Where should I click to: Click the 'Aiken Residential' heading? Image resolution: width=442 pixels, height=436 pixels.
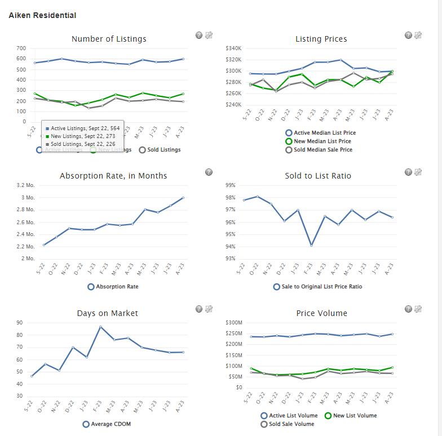pos(42,15)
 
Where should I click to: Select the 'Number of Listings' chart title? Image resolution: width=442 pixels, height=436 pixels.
pos(109,39)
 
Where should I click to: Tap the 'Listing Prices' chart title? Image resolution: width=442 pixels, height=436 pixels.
pos(321,39)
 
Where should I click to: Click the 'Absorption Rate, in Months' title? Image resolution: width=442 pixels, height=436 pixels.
pos(113,176)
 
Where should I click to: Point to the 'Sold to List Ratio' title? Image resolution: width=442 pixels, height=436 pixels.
pos(318,176)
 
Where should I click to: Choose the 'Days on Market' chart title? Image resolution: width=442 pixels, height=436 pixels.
pos(107,313)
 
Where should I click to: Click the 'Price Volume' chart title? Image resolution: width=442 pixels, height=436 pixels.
pos(321,313)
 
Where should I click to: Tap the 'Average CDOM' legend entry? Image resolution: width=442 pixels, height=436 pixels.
pos(111,424)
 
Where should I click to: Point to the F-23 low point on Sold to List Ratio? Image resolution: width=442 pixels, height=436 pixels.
pos(311,245)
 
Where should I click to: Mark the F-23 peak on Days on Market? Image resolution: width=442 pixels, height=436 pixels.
pos(100,327)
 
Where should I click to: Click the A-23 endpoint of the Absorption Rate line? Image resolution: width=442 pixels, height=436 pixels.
pos(183,198)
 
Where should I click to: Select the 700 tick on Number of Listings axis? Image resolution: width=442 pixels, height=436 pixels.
pos(21,48)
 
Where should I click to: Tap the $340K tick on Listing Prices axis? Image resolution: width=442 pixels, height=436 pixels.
pos(233,48)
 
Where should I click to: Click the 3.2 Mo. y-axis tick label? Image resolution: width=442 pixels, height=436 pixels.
pos(26,185)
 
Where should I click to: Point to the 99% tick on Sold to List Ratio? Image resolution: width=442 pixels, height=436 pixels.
pos(230,185)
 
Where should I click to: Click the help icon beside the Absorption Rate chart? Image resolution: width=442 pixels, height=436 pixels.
pos(209,172)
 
